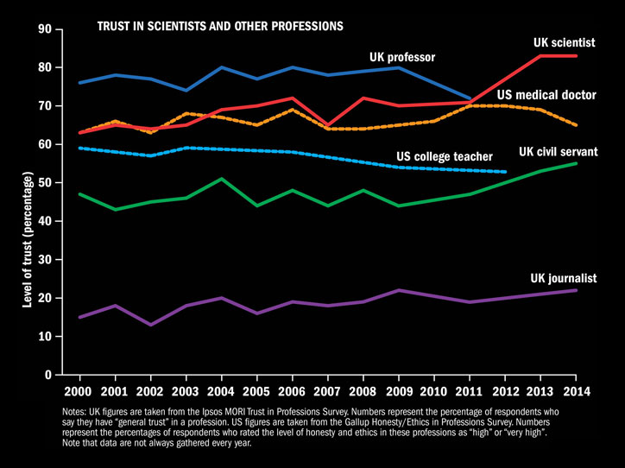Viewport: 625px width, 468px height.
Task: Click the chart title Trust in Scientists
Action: [221, 27]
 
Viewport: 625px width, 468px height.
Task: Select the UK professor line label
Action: [402, 58]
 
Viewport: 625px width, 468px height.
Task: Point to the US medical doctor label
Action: [546, 94]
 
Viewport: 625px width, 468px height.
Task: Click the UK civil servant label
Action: [558, 152]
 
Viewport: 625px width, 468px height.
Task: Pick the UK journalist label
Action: [564, 278]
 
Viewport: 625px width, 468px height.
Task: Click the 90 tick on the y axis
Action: [44, 29]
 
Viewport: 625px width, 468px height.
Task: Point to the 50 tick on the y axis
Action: [44, 183]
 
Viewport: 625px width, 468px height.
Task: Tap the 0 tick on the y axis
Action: [47, 375]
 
